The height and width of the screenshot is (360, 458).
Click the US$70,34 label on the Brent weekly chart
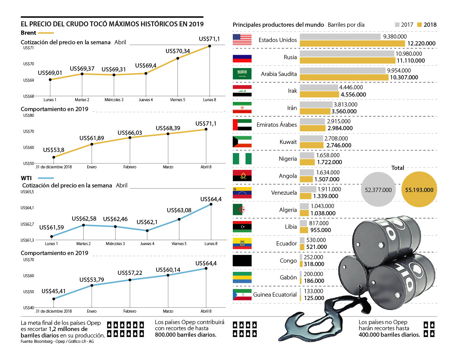(x=178, y=51)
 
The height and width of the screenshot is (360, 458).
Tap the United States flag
(x=242, y=40)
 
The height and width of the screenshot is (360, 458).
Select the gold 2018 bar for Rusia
(x=347, y=60)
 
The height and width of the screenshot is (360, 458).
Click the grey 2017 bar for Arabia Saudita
(x=342, y=71)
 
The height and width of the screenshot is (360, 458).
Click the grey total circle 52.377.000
(x=378, y=189)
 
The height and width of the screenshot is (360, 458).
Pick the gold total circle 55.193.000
(x=419, y=189)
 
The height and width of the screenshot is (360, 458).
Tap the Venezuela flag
(x=242, y=193)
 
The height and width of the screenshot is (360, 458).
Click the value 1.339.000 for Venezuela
(x=325, y=196)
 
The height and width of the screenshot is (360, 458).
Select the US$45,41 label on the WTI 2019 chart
(x=54, y=291)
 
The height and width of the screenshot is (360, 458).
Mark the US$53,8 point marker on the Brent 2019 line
(x=54, y=157)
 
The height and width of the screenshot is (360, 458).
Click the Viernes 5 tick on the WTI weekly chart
(x=179, y=244)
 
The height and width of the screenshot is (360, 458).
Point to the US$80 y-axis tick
(x=29, y=116)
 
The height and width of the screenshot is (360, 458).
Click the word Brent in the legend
(x=29, y=33)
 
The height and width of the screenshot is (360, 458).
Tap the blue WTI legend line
(x=46, y=178)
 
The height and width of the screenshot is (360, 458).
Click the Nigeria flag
(x=242, y=158)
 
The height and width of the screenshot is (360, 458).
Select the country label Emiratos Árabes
(x=277, y=124)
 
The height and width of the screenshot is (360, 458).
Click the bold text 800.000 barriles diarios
(x=186, y=335)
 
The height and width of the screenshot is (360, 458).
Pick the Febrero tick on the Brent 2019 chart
(x=130, y=167)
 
